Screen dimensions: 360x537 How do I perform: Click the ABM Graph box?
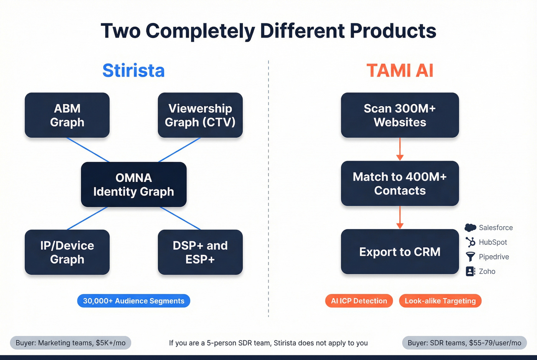tap(67, 115)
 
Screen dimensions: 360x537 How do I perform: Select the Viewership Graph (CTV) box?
tap(200, 115)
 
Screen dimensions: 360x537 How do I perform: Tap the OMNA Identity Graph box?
tap(133, 184)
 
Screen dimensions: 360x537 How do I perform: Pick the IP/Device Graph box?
tap(67, 252)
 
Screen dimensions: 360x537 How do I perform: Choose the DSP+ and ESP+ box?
tap(200, 252)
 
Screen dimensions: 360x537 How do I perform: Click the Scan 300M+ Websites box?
tap(400, 115)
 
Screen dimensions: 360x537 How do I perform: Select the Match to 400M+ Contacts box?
tap(400, 183)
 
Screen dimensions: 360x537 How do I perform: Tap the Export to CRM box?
tap(400, 252)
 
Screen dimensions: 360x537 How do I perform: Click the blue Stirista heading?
tap(133, 71)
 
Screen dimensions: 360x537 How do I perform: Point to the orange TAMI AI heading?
tap(400, 71)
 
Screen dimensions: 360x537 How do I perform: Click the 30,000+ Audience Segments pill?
tap(133, 301)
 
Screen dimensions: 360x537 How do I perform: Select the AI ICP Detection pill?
tap(359, 301)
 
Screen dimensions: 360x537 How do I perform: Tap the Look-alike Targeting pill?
tap(440, 301)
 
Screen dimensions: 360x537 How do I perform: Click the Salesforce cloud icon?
tap(470, 228)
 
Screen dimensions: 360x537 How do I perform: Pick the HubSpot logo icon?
tap(470, 242)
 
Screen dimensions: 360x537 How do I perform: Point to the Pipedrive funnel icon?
tap(470, 256)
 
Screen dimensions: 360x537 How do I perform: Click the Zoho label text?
tap(487, 271)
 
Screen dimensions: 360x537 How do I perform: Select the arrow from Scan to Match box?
tap(400, 150)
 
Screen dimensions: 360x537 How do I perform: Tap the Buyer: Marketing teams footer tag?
tap(71, 343)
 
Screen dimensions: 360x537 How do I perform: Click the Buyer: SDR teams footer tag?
tap(464, 343)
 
